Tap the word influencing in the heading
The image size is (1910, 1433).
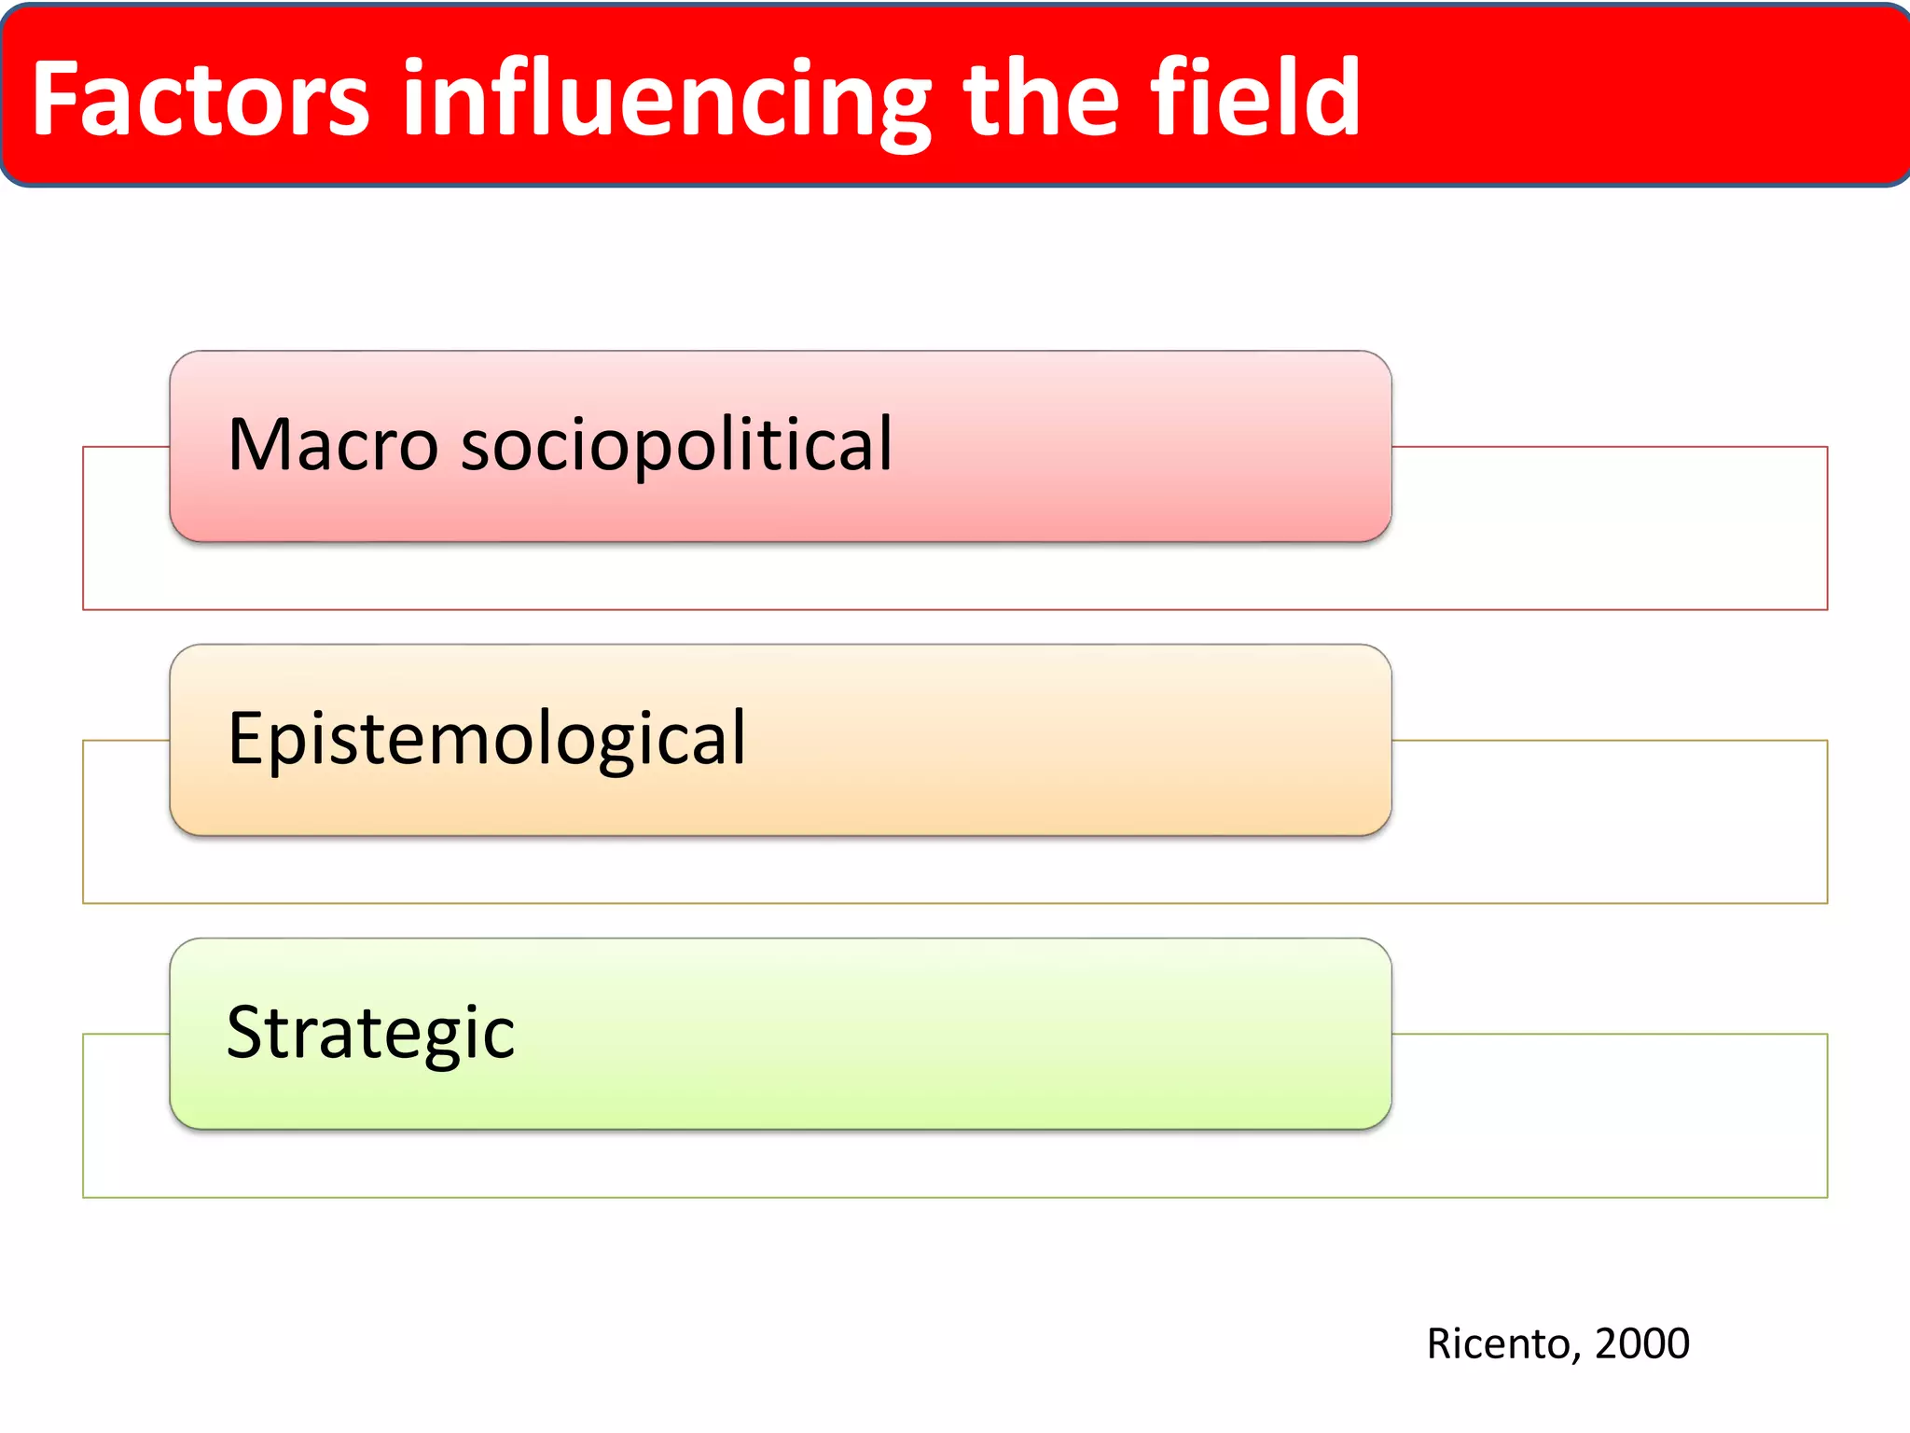666,101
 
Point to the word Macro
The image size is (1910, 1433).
332,445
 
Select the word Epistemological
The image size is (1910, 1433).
486,740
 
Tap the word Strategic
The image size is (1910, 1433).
370,1035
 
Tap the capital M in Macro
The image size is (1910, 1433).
257,445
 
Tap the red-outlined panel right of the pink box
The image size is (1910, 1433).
1609,527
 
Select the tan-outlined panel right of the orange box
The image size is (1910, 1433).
1609,821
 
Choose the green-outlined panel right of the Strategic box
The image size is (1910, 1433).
1609,1115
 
